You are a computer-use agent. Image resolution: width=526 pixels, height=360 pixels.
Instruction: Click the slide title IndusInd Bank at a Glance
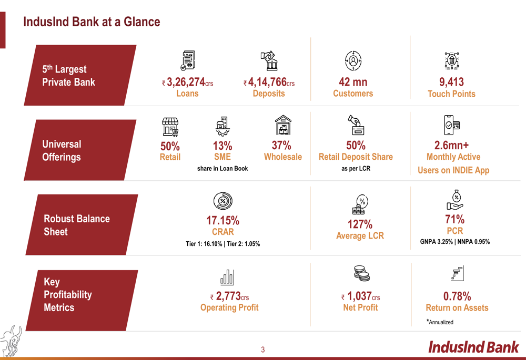(x=92, y=22)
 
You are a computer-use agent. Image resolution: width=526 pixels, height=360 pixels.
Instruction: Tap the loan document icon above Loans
(x=188, y=60)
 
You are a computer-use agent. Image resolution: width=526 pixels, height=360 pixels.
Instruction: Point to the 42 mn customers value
(x=353, y=82)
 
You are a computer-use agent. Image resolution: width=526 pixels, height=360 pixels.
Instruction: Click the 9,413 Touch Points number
(x=451, y=82)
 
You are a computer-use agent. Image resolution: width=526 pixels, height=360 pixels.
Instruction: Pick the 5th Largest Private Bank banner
(x=80, y=75)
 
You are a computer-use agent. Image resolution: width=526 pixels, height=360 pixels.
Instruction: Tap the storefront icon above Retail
(x=170, y=127)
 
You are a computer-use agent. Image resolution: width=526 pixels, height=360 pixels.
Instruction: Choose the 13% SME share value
(x=222, y=146)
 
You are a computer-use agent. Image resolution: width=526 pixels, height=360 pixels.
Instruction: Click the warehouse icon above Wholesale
(x=283, y=125)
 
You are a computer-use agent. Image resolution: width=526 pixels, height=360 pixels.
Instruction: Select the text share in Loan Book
(x=222, y=168)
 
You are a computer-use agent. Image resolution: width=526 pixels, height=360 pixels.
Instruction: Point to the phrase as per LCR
(x=356, y=168)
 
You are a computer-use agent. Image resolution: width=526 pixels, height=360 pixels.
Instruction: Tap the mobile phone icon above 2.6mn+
(x=451, y=125)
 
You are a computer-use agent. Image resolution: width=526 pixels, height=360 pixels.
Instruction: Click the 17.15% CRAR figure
(x=222, y=221)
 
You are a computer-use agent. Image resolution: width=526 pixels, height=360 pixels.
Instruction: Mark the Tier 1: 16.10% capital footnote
(x=204, y=244)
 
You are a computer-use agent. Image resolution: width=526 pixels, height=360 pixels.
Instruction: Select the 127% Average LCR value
(x=360, y=224)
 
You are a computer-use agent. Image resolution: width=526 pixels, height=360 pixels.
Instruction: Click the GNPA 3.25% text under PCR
(x=437, y=241)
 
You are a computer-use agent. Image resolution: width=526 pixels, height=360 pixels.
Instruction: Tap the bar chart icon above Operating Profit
(x=227, y=277)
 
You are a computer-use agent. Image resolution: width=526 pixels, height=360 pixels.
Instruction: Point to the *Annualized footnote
(x=440, y=322)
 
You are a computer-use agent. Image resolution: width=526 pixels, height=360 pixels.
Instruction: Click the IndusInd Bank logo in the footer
(x=473, y=347)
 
